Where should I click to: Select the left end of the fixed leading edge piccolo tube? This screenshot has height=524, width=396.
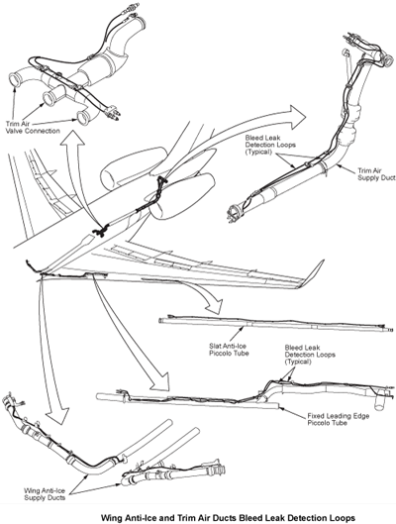(101, 397)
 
